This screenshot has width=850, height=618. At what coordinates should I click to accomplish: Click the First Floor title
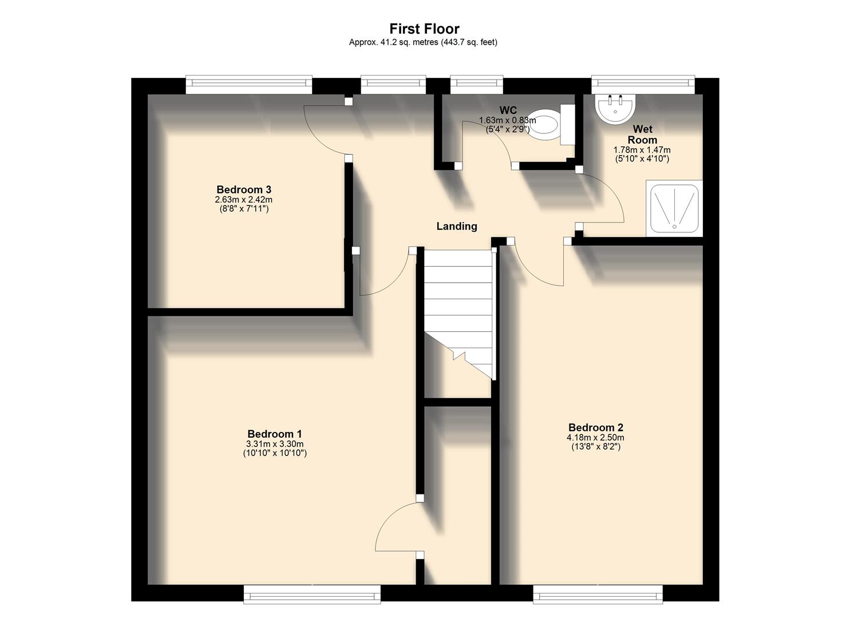click(424, 29)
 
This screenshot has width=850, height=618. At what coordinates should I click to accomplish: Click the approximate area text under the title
click(423, 42)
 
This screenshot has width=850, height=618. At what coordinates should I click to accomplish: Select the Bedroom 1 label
click(274, 434)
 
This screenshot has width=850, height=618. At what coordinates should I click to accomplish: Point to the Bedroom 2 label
click(595, 427)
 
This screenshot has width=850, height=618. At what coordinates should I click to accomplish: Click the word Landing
click(456, 226)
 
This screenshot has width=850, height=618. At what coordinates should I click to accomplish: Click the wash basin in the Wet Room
click(615, 108)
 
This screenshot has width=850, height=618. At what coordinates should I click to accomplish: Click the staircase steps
click(458, 298)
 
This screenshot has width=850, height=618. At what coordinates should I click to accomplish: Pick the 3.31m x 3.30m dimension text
click(274, 444)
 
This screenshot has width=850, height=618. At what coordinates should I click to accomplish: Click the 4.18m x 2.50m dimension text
click(595, 438)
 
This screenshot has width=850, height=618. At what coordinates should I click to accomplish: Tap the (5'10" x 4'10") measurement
click(642, 159)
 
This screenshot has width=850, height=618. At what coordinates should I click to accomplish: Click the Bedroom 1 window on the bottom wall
click(312, 594)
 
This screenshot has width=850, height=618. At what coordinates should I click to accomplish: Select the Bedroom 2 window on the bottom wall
click(598, 594)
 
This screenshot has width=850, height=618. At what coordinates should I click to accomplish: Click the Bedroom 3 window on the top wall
click(249, 85)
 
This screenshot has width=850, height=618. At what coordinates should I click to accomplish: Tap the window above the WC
click(476, 85)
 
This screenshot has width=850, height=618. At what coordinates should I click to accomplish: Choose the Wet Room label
click(642, 134)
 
